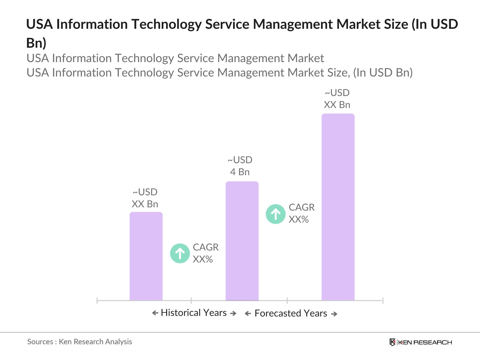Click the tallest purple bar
pyautogui.click(x=338, y=207)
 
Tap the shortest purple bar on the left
pyautogui.click(x=146, y=256)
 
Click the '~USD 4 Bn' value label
pyautogui.click(x=240, y=166)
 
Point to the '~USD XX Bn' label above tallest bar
pyautogui.click(x=337, y=99)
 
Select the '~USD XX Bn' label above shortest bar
pyautogui.click(x=145, y=198)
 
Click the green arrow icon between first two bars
pyautogui.click(x=180, y=253)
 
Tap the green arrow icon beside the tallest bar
pyautogui.click(x=275, y=214)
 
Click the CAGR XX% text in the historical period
pyautogui.click(x=205, y=253)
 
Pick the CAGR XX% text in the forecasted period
pyautogui.click(x=301, y=213)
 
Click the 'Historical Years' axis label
pyautogui.click(x=193, y=313)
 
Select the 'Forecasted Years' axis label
pyautogui.click(x=291, y=313)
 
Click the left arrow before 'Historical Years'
pyautogui.click(x=155, y=313)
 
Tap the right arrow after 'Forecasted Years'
pyautogui.click(x=334, y=314)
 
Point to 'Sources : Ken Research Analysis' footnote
pyautogui.click(x=79, y=342)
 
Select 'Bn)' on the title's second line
pyautogui.click(x=36, y=43)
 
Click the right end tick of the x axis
pyautogui.click(x=382, y=300)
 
